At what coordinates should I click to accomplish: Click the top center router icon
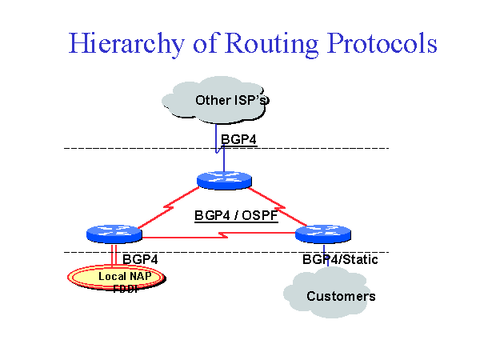[x=224, y=180]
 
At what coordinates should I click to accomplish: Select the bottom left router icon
[x=114, y=234]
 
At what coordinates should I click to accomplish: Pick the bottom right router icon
[x=324, y=234]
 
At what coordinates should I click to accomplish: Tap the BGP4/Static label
[x=340, y=259]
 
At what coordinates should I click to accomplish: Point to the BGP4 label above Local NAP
[x=140, y=259]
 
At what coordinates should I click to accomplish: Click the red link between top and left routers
[x=168, y=209]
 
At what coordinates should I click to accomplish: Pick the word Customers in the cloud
[x=341, y=297]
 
